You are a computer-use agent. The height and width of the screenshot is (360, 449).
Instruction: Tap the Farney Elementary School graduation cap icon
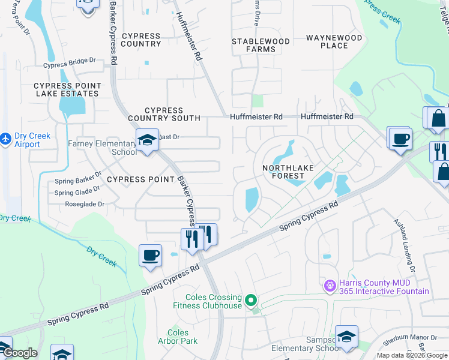click(x=147, y=140)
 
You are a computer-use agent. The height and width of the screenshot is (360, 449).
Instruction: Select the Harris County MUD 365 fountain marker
click(x=329, y=286)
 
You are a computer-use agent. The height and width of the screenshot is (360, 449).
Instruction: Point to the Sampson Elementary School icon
click(x=346, y=337)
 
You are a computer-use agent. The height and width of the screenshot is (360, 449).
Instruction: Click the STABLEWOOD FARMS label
click(x=261, y=45)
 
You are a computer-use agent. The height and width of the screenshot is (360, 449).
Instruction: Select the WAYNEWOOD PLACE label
click(x=334, y=41)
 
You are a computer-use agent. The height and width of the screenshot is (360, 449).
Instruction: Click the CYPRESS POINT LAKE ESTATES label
click(x=66, y=90)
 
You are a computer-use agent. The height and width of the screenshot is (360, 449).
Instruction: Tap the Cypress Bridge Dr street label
click(x=70, y=61)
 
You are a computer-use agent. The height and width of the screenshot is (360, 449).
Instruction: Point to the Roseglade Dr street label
click(x=85, y=204)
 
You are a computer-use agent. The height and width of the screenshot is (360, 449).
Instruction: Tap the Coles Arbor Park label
click(x=178, y=337)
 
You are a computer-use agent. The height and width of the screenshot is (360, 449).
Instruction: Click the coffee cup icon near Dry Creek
click(x=150, y=255)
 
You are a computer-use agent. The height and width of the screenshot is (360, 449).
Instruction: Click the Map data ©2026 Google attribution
click(x=411, y=355)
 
